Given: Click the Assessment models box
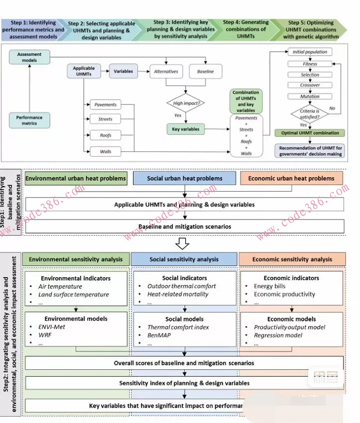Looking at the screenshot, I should [29, 57].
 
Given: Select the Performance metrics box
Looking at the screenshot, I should [29, 120].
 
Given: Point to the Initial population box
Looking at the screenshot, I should [310, 52].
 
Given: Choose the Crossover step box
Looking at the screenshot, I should [310, 86].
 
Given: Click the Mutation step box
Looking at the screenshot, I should [310, 97].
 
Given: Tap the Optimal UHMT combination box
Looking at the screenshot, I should [309, 133].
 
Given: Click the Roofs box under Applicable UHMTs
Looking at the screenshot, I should [105, 135].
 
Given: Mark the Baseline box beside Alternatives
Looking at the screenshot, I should [205, 72].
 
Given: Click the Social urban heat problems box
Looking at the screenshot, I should [184, 178].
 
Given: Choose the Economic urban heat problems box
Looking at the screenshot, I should [291, 178].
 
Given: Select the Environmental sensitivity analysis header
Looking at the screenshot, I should [76, 259].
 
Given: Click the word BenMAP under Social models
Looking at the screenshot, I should [158, 336].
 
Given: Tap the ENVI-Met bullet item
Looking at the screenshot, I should [52, 327].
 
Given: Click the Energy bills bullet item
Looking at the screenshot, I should [270, 286].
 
